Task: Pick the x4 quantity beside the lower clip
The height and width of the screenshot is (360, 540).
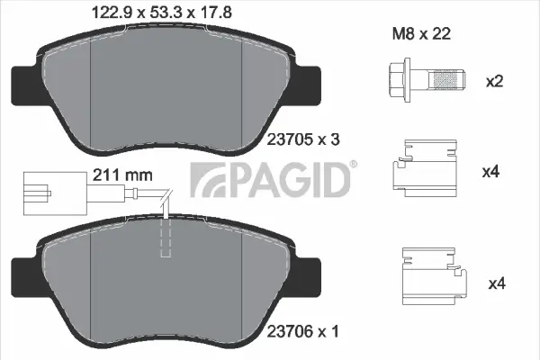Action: point(494,283)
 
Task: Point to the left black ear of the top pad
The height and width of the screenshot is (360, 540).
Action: point(23,86)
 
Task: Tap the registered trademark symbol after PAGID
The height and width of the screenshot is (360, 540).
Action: point(353,164)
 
